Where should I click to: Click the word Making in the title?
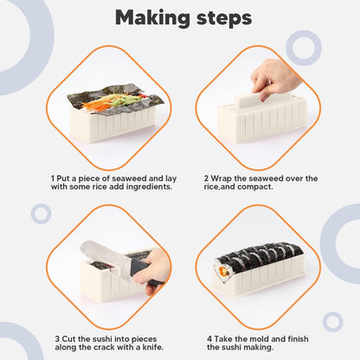(146, 17)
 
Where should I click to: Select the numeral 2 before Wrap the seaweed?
(210, 178)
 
